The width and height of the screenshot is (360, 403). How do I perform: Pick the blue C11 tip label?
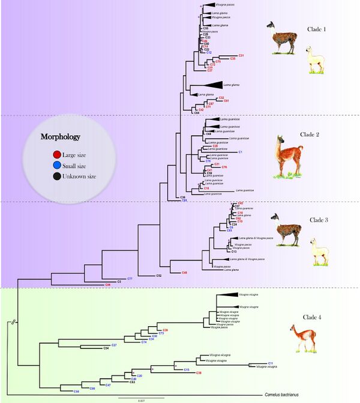(271, 363)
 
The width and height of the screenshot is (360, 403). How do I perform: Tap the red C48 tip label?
(185, 273)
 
